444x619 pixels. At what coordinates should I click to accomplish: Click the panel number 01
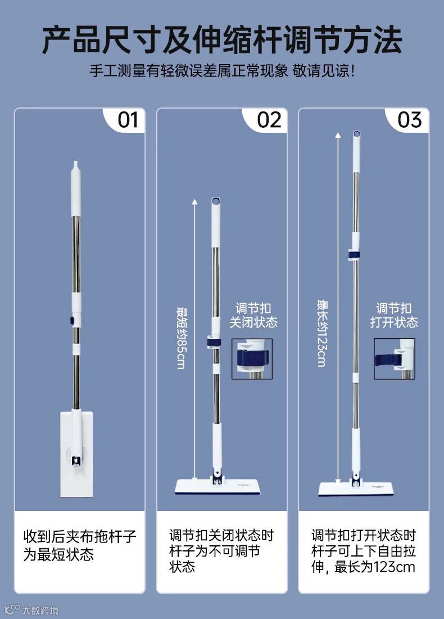click(128, 120)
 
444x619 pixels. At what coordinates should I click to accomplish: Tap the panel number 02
click(269, 120)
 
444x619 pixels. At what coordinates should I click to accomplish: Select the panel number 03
click(410, 120)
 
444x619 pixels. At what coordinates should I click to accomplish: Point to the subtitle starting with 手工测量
click(222, 71)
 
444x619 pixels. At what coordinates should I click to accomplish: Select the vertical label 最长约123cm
click(322, 334)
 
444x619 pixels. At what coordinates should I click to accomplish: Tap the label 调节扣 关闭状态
click(253, 315)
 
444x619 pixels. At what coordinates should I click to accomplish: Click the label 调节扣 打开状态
click(394, 315)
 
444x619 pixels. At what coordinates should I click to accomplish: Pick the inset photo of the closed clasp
click(252, 359)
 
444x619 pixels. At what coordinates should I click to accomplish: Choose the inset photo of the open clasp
click(395, 359)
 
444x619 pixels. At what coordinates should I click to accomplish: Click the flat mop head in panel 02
click(218, 486)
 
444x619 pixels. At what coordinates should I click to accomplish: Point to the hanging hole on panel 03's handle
click(356, 134)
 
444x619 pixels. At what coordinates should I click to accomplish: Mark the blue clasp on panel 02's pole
click(214, 342)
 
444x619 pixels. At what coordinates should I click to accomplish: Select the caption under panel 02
click(221, 551)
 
